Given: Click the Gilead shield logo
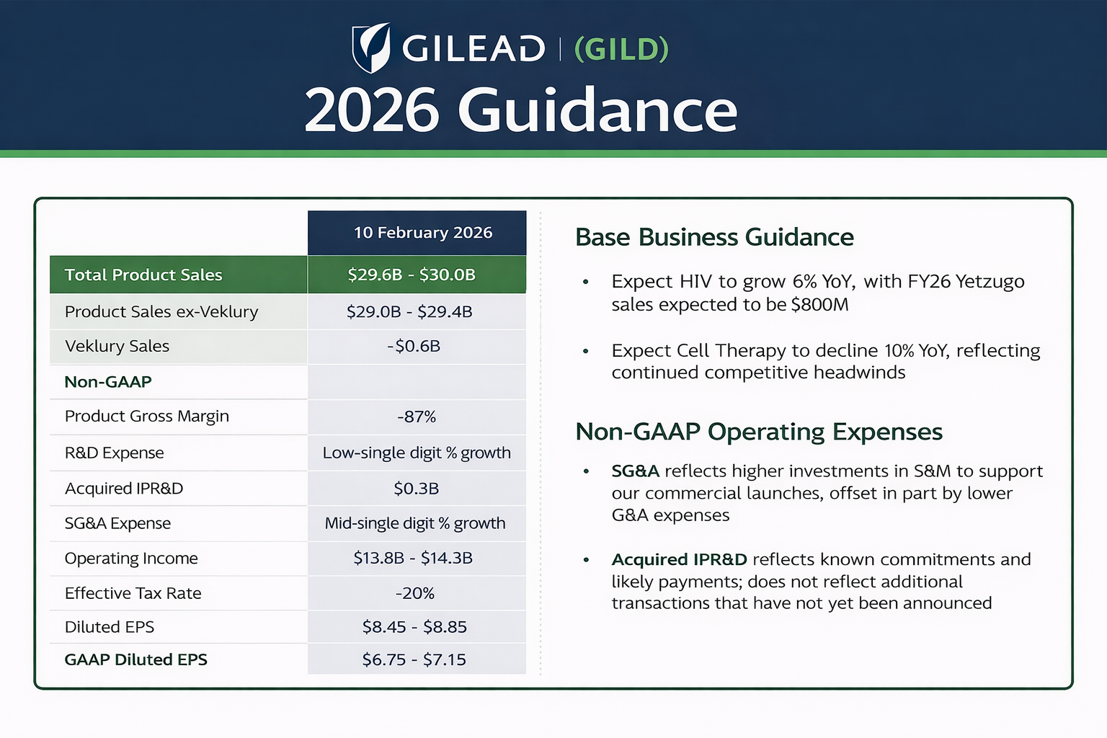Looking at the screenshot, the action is point(371,48).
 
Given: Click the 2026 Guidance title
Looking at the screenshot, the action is point(521,110).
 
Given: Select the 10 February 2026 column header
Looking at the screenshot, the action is point(423,232).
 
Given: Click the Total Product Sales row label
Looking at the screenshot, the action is point(143,275).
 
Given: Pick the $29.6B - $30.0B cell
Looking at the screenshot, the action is point(412,275).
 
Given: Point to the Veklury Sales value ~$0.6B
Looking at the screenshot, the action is point(414,345).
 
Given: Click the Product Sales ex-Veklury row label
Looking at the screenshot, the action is point(161,311).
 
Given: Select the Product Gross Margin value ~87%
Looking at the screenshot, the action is point(417,417).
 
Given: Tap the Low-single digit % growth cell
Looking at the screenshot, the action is point(417,453).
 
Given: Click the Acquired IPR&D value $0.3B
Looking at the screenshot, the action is point(416,489).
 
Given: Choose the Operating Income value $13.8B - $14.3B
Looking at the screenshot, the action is point(413,558).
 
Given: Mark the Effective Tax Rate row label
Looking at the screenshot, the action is point(133,592).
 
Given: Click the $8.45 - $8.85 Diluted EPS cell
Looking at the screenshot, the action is point(414,627).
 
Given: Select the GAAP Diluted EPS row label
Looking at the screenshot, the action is point(136,659).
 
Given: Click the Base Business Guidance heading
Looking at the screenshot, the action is point(715,237).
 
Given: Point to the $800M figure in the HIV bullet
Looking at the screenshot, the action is point(820,304).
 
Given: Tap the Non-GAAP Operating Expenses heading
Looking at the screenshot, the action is point(759,432).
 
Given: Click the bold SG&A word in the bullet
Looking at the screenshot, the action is point(636,471).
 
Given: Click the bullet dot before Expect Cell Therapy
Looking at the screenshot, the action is point(586,352).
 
